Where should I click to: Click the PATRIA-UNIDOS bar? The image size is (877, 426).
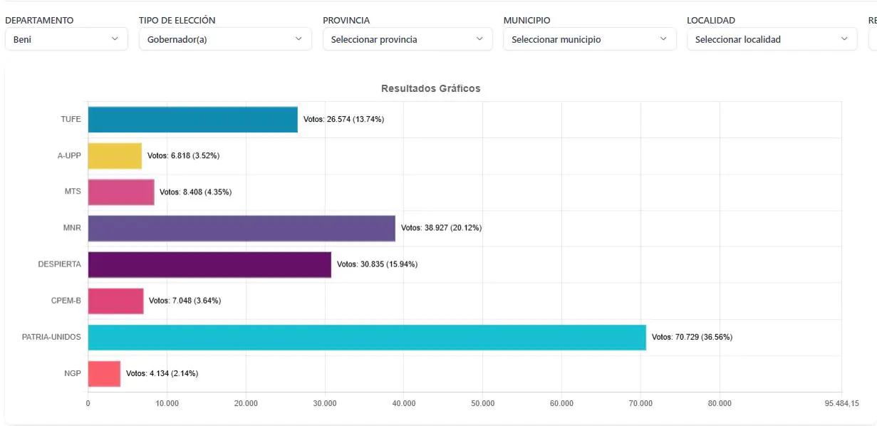[366, 337]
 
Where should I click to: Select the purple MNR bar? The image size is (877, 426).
[241, 228]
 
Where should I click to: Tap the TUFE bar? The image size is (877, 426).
[192, 119]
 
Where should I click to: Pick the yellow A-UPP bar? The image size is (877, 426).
[115, 155]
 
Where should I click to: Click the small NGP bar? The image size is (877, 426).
[104, 373]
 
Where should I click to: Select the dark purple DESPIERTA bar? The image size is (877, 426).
[209, 264]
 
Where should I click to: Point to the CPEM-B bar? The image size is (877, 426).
[115, 301]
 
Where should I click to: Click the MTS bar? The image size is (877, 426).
[121, 192]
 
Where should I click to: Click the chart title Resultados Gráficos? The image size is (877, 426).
[430, 88]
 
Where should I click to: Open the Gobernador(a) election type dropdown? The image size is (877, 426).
[224, 39]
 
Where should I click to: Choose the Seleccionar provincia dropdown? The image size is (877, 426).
[407, 39]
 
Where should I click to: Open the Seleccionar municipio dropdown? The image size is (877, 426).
[589, 39]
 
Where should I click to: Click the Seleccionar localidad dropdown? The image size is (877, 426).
[772, 39]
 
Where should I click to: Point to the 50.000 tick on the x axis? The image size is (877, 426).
[482, 403]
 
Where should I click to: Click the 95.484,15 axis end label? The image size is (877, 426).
[841, 403]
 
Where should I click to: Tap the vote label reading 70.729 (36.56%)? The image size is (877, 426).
[692, 337]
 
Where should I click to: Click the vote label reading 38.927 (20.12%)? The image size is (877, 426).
[441, 228]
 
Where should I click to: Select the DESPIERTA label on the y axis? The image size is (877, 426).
[59, 264]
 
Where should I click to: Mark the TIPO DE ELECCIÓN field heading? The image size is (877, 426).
[177, 21]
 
